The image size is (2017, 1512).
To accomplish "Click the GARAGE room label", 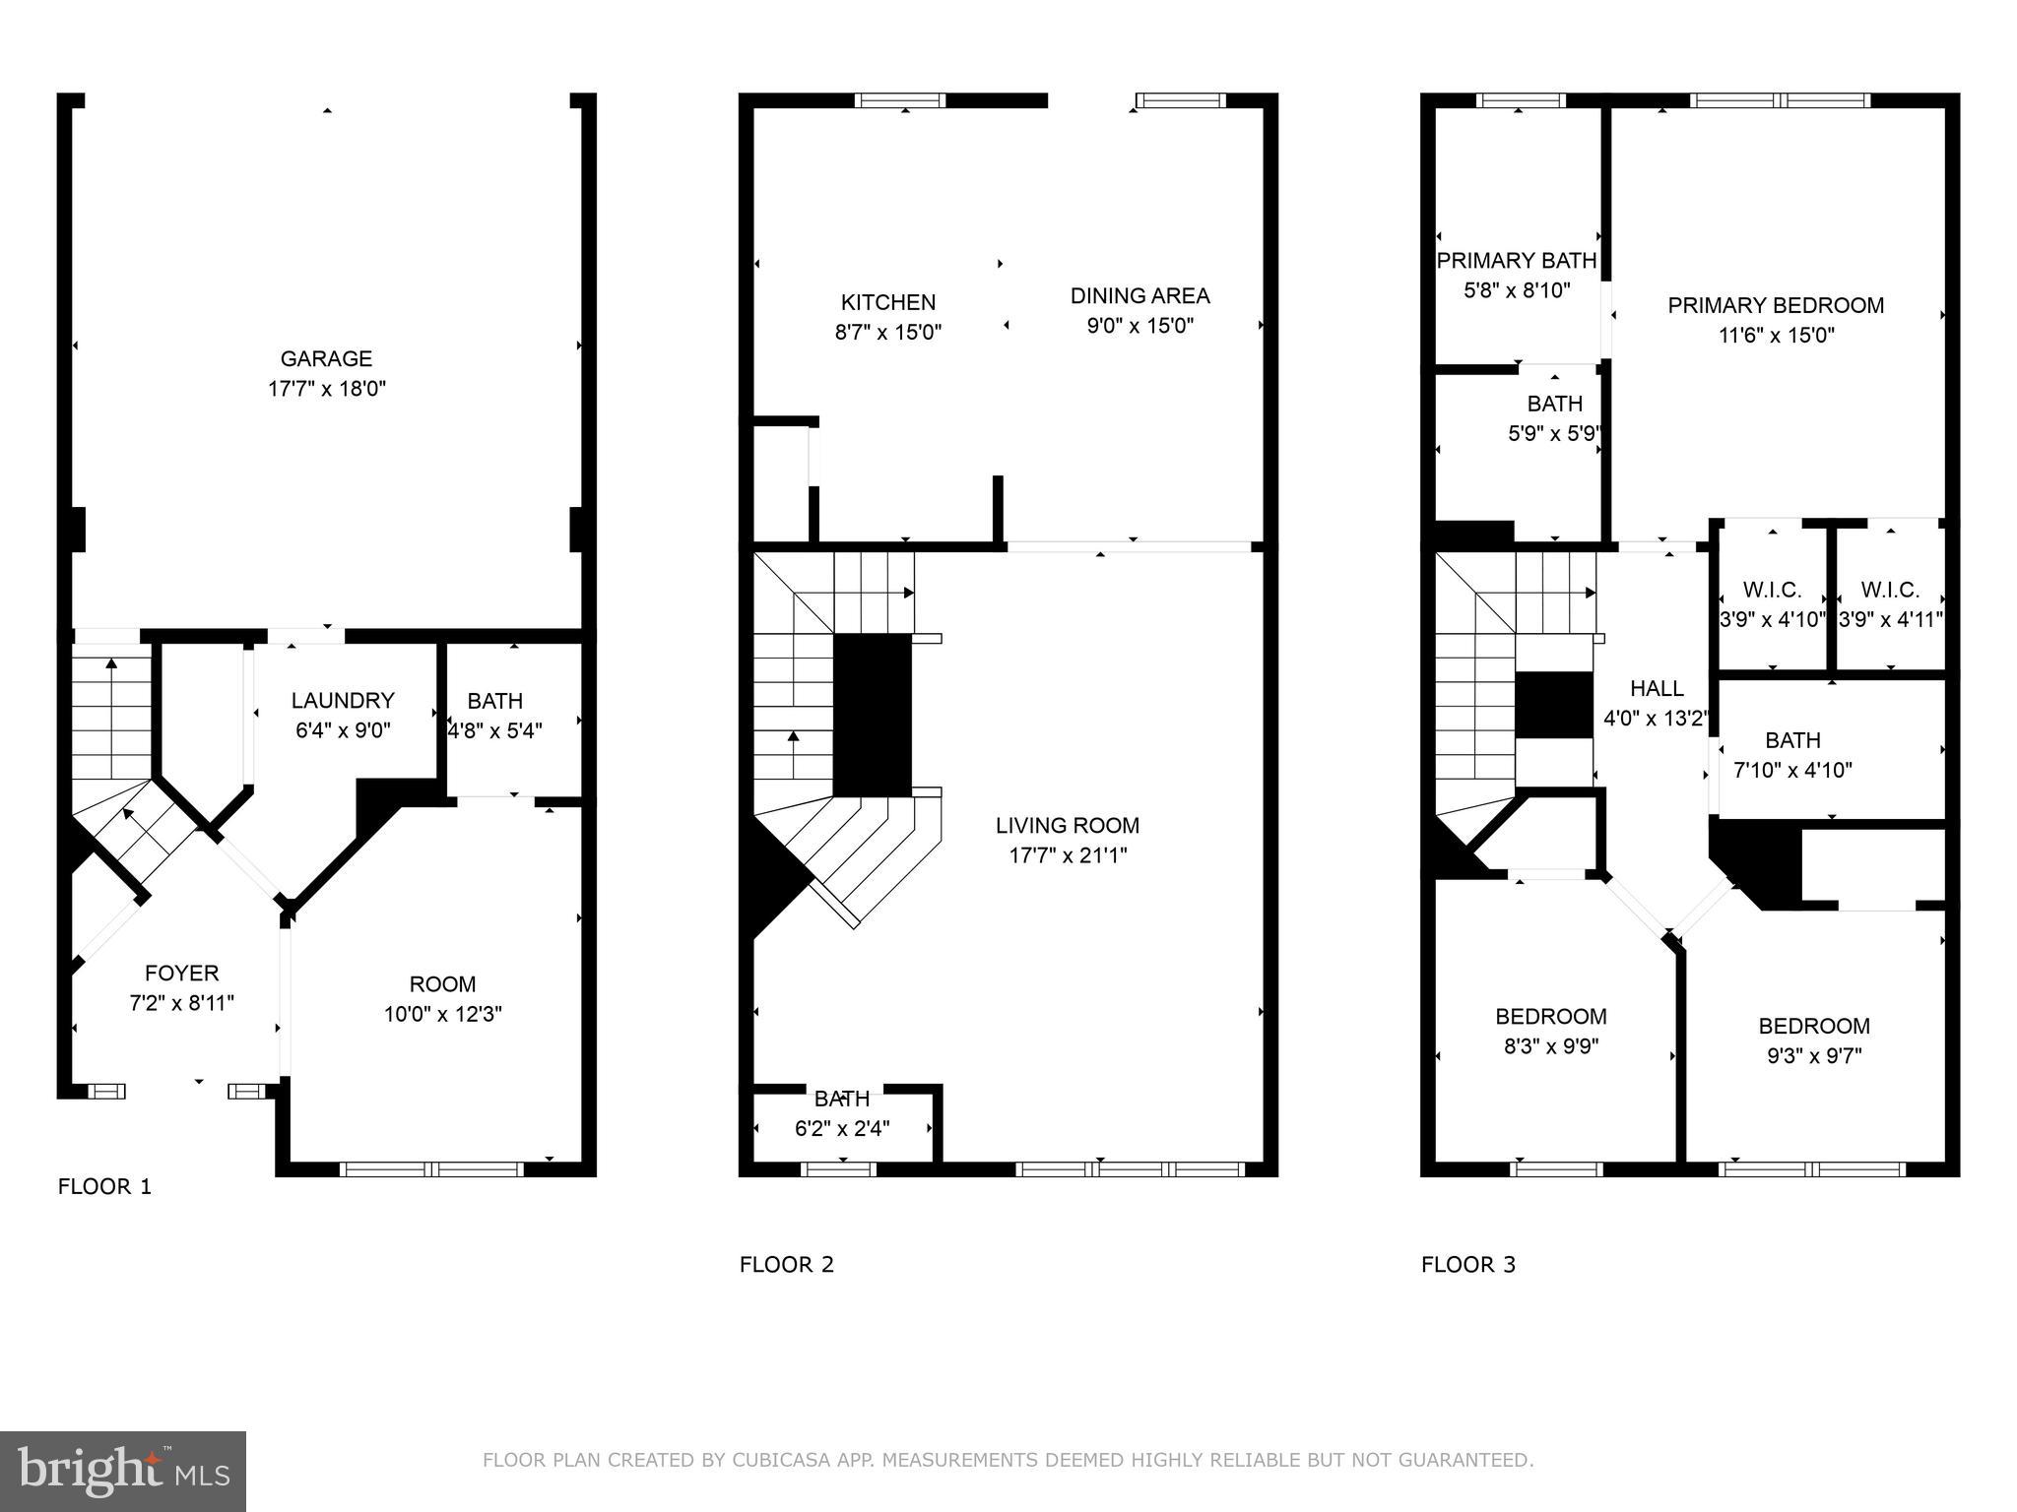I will click(326, 359).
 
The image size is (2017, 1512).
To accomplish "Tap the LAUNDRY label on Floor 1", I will click(343, 700).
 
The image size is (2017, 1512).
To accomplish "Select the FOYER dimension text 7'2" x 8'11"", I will click(181, 1003).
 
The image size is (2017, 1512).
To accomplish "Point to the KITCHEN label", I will click(887, 302).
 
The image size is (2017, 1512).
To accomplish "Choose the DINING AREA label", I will click(1139, 295).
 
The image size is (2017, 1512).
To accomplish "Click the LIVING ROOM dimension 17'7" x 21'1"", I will click(1068, 855).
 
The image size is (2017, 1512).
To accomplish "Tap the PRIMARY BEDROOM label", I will click(1776, 305).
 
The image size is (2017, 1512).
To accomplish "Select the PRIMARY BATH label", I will click(1516, 261).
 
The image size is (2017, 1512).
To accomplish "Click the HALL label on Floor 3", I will click(1657, 688).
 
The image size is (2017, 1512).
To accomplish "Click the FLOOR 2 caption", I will click(787, 1265).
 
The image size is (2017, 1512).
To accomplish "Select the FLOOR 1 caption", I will click(104, 1186).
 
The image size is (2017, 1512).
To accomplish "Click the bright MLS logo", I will click(123, 1471).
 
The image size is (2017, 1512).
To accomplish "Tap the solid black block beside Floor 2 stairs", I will click(873, 716).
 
